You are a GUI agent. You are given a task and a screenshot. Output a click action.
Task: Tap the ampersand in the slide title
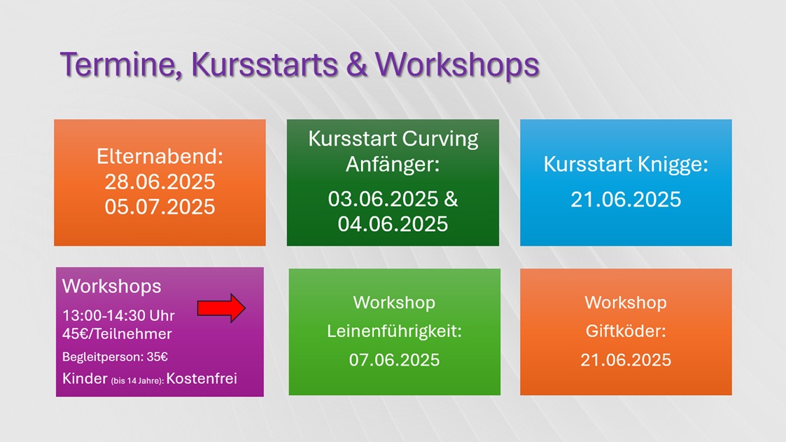point(356,65)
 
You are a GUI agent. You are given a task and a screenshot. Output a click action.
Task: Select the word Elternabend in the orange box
point(160,156)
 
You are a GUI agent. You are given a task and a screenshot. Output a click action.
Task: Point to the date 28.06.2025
point(160,181)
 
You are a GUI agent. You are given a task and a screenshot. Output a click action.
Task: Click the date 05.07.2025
point(160,207)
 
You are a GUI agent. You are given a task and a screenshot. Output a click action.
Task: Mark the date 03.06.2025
point(384,199)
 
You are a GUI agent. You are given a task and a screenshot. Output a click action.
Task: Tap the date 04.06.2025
point(393,223)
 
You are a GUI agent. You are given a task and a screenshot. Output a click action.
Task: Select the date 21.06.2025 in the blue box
point(626,200)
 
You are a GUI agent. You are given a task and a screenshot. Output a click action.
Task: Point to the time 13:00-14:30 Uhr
point(118,316)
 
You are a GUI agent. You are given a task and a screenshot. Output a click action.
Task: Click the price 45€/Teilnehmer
point(117,334)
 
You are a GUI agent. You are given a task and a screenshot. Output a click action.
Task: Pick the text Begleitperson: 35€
point(115,357)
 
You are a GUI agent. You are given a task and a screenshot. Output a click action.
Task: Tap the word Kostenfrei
point(202,378)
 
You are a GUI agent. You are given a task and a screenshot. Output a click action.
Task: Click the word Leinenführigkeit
point(394,331)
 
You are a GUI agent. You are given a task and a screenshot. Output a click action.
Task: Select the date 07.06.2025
point(395,360)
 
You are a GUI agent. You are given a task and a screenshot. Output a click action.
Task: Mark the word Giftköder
point(626,331)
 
